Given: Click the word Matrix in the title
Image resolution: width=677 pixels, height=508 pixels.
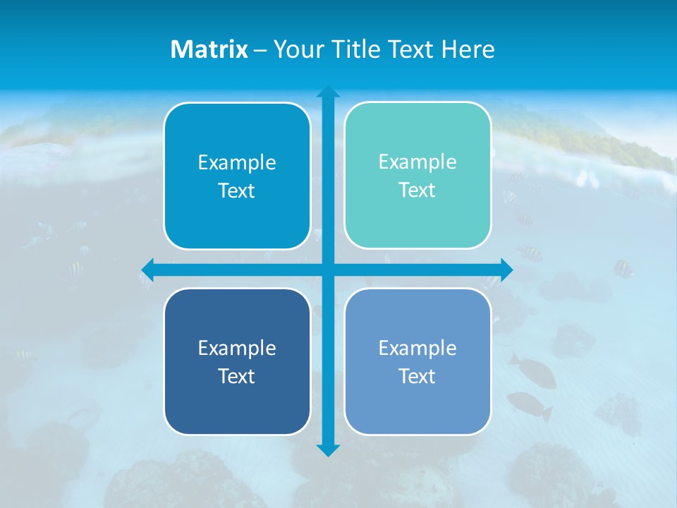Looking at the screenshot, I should [209, 49].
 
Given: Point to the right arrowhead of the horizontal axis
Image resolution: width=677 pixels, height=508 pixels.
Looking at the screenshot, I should [506, 270].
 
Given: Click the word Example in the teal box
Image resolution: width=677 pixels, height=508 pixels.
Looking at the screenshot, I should [417, 162].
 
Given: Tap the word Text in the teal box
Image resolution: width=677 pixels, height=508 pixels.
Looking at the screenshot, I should [417, 190].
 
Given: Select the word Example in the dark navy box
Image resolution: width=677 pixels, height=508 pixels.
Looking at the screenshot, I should [237, 348].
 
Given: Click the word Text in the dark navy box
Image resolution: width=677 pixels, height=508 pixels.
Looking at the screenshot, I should [237, 376].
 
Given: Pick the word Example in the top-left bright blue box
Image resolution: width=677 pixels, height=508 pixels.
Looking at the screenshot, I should [237, 163].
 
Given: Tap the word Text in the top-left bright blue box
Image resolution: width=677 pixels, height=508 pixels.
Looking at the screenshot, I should [237, 191].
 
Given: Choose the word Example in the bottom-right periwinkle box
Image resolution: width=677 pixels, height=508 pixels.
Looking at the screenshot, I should [417, 348].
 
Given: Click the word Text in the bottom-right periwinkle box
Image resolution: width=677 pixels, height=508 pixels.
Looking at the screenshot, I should [417, 376].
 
